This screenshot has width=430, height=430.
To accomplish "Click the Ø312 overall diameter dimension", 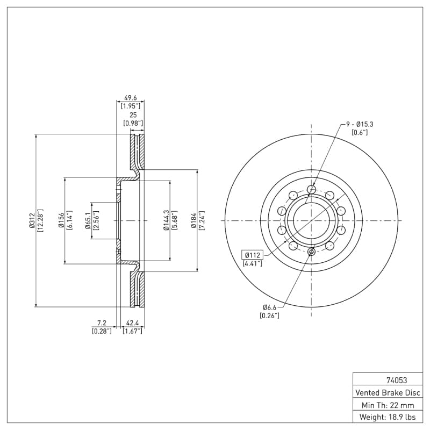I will tap(32, 220).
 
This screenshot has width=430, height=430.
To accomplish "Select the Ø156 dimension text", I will tap(61, 220).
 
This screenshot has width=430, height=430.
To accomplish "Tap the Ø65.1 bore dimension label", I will tap(87, 220).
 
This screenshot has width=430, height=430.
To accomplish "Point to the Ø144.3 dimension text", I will tap(166, 220).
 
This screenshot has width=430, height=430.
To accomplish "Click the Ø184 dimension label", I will tap(194, 220).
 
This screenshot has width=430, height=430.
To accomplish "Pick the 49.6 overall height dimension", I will tap(131, 98).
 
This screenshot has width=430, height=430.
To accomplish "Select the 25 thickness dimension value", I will tap(133, 115).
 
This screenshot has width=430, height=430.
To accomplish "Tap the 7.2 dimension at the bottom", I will tap(102, 323).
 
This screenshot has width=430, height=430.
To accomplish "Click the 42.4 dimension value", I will tap(132, 323).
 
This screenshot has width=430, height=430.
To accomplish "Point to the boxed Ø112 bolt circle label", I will tap(253, 255).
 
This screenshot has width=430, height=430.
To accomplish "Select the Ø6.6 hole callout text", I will tap(269, 307).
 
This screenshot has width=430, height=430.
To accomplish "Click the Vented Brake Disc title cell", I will tap(387, 392).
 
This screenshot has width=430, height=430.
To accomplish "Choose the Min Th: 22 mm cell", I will tap(387, 405).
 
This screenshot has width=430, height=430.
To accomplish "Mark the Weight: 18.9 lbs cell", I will tap(387, 417).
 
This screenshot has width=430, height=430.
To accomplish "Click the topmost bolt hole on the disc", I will tap(311, 189).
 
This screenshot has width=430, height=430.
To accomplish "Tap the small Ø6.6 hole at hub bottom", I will tap(311, 252).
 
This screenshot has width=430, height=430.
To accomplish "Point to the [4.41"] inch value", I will tap(253, 263).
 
